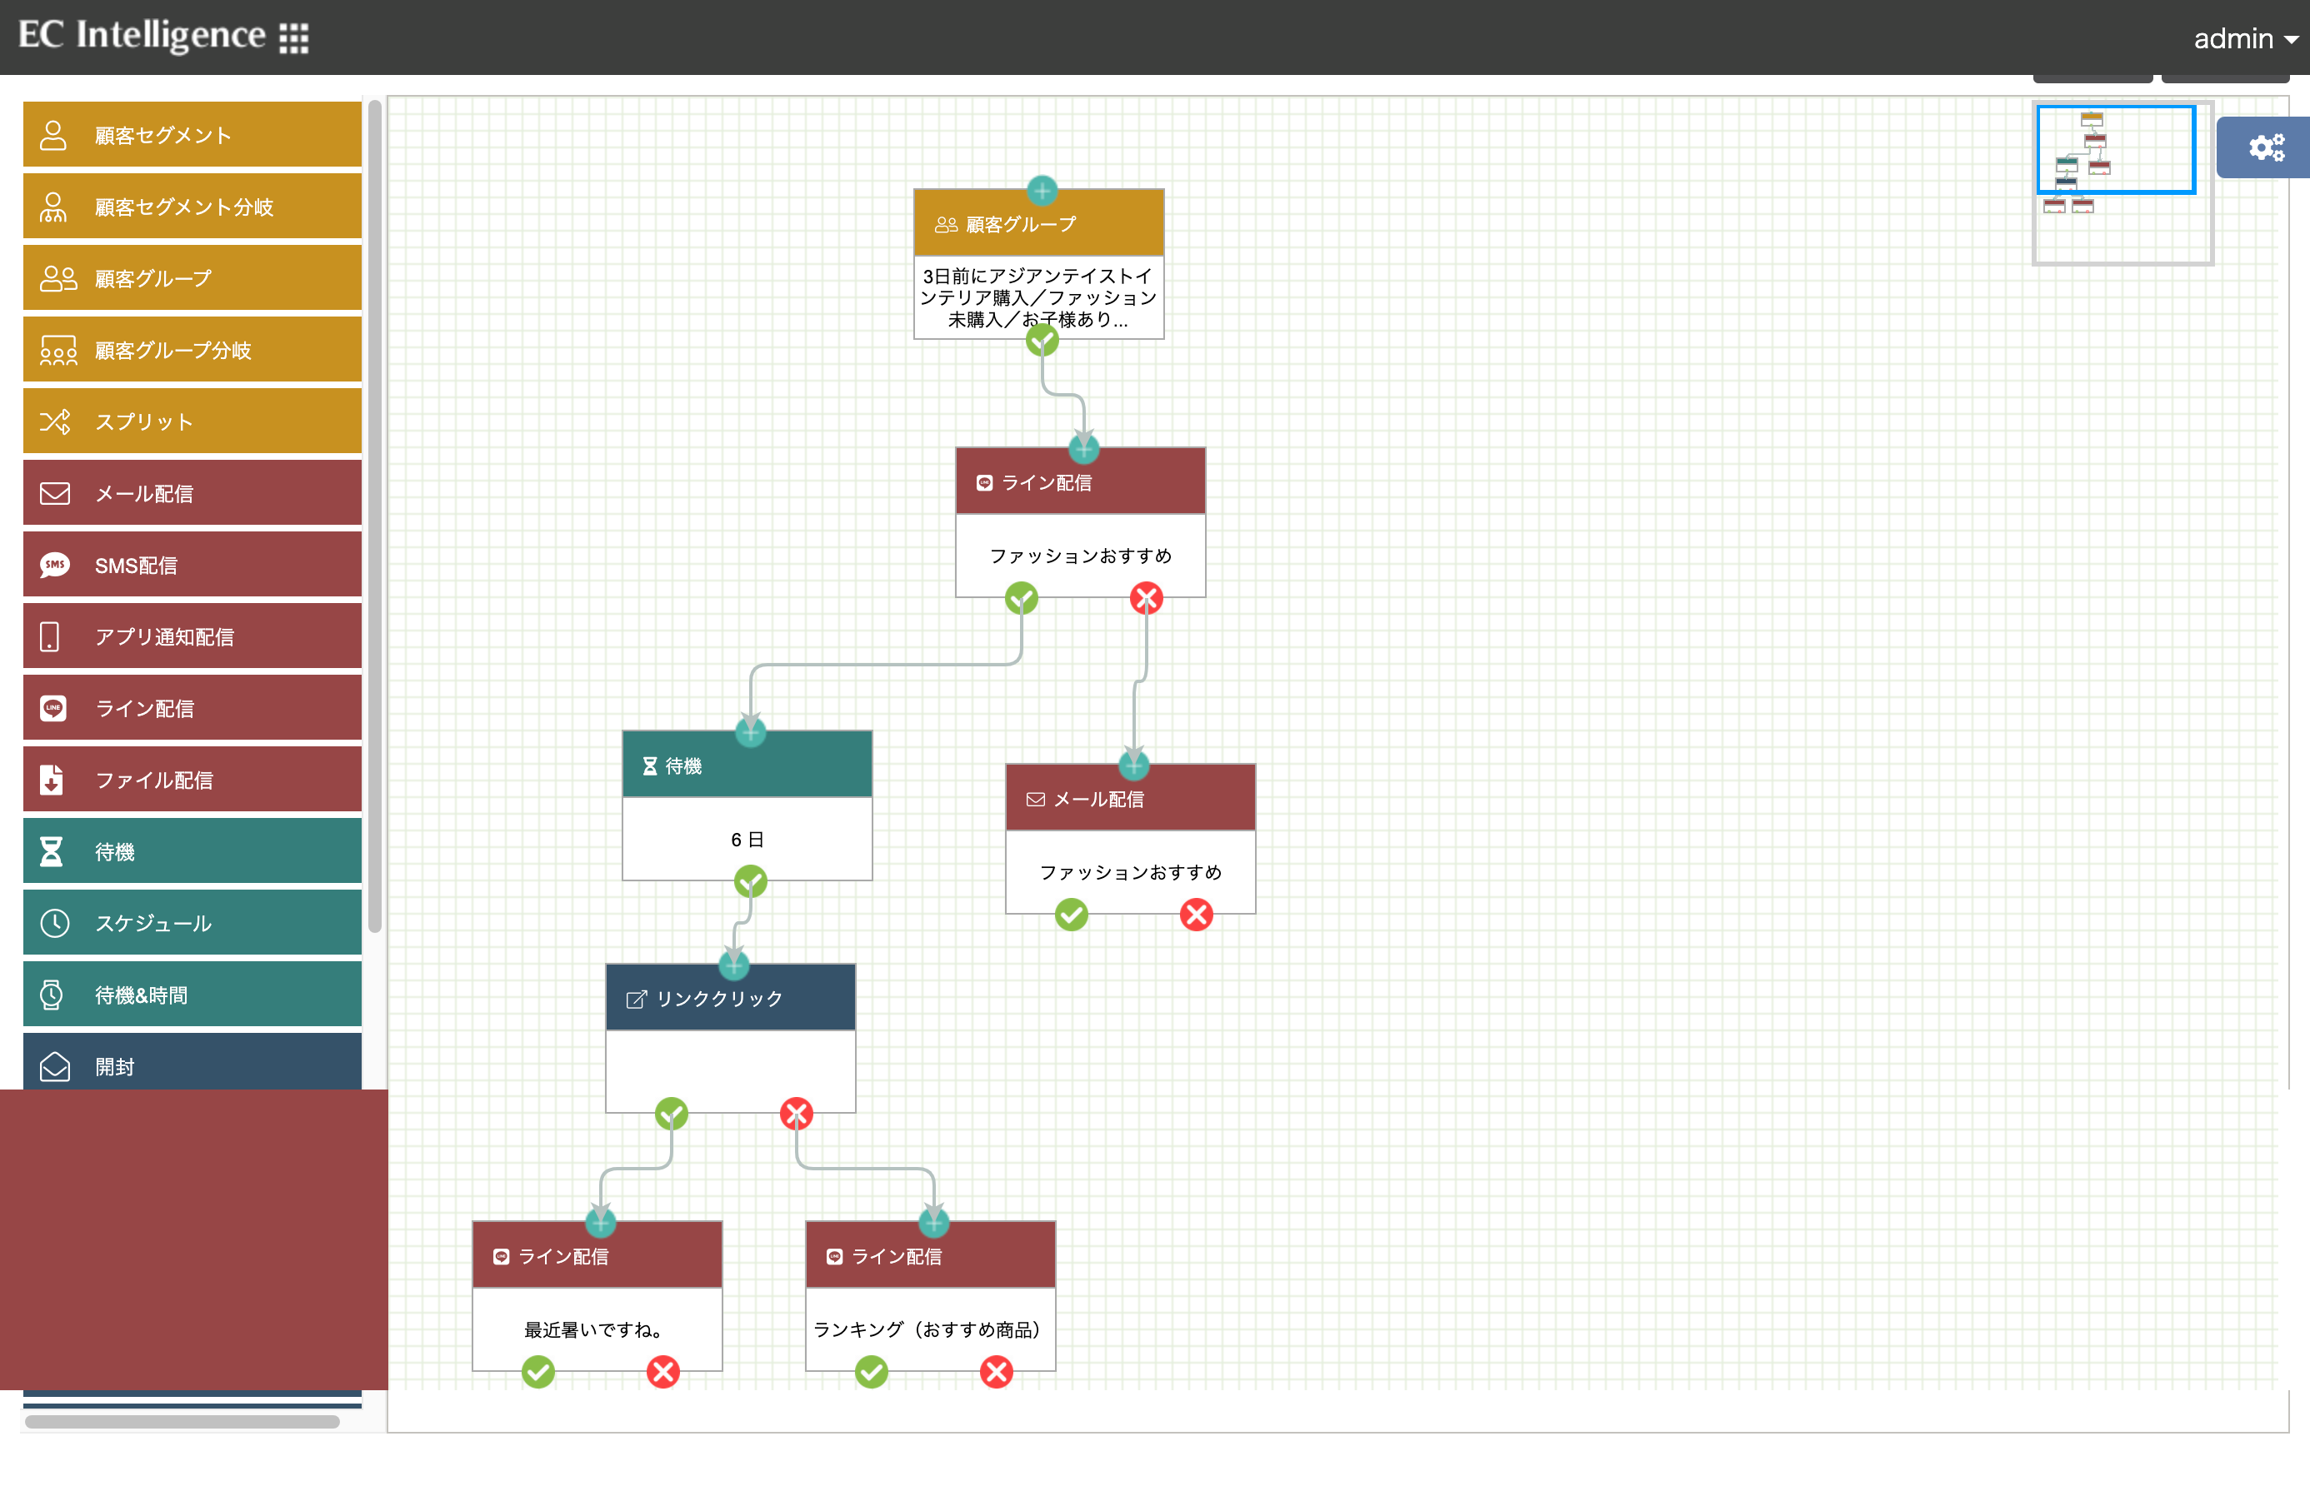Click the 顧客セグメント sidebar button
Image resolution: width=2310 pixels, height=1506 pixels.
coord(192,135)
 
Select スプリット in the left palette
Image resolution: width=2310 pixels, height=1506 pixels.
coord(192,421)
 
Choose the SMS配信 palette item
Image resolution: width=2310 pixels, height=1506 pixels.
coord(192,565)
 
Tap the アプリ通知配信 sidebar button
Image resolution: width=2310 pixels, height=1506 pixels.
coord(192,636)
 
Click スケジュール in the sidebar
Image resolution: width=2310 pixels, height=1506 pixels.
coord(192,923)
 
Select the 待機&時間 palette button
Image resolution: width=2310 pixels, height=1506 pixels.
coord(192,995)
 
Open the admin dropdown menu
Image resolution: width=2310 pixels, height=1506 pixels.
coord(2245,39)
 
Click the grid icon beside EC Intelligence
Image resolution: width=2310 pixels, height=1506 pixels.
coord(294,37)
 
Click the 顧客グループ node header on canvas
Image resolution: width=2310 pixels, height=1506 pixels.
coord(1038,224)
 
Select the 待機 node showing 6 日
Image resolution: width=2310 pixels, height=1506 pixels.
coord(747,805)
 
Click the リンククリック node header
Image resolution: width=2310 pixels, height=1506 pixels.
coord(731,998)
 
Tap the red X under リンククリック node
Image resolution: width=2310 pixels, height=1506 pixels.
coord(797,1114)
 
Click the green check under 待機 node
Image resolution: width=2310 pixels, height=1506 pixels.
coord(750,881)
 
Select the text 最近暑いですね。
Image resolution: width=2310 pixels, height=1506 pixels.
coord(593,1329)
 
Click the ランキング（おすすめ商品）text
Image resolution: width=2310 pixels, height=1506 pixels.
coord(927,1329)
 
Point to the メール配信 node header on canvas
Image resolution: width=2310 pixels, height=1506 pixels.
coord(1131,798)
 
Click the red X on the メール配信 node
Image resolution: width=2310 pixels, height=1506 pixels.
coord(1197,914)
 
